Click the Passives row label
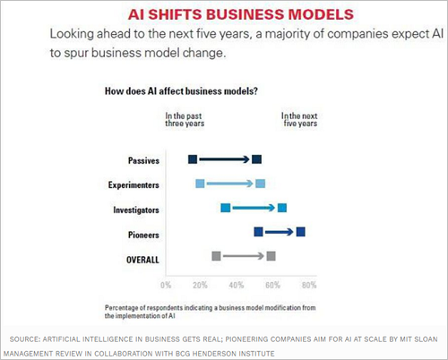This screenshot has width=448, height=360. pyautogui.click(x=143, y=160)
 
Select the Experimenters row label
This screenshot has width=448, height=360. pyautogui.click(x=134, y=185)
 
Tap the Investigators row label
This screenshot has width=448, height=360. pyautogui.click(x=136, y=210)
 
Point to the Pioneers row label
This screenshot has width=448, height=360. pyautogui.click(x=143, y=235)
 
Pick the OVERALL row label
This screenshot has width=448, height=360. pyautogui.click(x=142, y=260)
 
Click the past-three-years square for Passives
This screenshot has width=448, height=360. pyautogui.click(x=193, y=159)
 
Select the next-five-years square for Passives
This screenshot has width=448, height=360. pyautogui.click(x=256, y=159)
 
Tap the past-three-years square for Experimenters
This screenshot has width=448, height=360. pyautogui.click(x=200, y=184)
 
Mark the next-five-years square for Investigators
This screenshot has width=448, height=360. pyautogui.click(x=282, y=208)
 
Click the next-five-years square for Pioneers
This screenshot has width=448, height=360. pyautogui.click(x=300, y=232)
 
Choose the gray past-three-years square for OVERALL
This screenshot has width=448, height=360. pyautogui.click(x=216, y=256)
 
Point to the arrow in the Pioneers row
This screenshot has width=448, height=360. pyautogui.click(x=279, y=232)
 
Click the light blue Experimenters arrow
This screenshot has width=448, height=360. pyautogui.click(x=229, y=184)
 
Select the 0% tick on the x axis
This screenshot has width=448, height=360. pyautogui.click(x=166, y=285)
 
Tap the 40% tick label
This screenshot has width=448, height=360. pyautogui.click(x=237, y=285)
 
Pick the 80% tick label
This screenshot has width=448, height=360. pyautogui.click(x=309, y=285)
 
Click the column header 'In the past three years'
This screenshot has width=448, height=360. pyautogui.click(x=185, y=120)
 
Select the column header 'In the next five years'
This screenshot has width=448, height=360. pyautogui.click(x=299, y=120)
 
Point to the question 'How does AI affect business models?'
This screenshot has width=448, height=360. pyautogui.click(x=181, y=91)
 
